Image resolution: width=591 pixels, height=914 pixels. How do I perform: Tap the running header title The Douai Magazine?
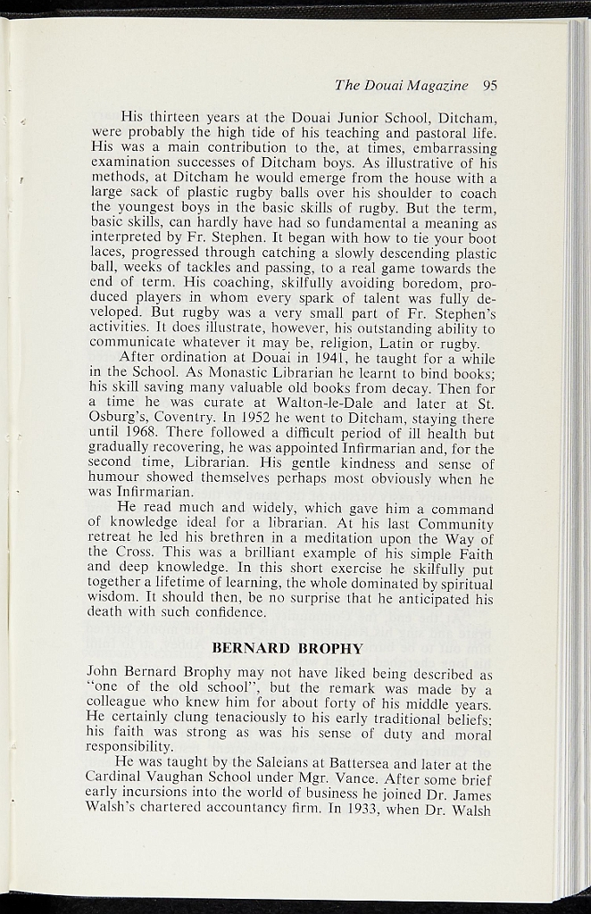pos(402,87)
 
